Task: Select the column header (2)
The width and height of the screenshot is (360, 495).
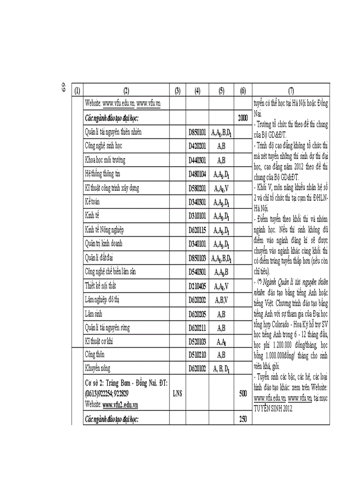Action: [x=126, y=91]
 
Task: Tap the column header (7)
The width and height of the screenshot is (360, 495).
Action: [x=291, y=91]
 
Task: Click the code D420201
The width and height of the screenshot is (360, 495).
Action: [x=197, y=146]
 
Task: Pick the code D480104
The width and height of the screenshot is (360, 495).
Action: [x=197, y=174]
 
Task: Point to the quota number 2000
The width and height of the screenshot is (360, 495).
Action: [x=243, y=118]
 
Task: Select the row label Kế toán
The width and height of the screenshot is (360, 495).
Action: [x=93, y=202]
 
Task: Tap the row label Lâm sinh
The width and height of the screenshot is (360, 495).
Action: [x=94, y=313]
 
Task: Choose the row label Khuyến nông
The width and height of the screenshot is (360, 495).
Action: [x=97, y=368]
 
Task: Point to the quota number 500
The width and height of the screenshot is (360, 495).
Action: [x=243, y=393]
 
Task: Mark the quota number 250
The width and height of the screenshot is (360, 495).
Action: [x=243, y=419]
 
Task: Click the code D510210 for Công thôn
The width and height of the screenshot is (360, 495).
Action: [x=197, y=354]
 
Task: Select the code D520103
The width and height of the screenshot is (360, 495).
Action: [x=197, y=341]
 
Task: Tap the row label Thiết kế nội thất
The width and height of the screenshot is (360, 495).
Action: [x=103, y=286]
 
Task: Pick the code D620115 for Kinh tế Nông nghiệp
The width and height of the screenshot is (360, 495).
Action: [x=197, y=230]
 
